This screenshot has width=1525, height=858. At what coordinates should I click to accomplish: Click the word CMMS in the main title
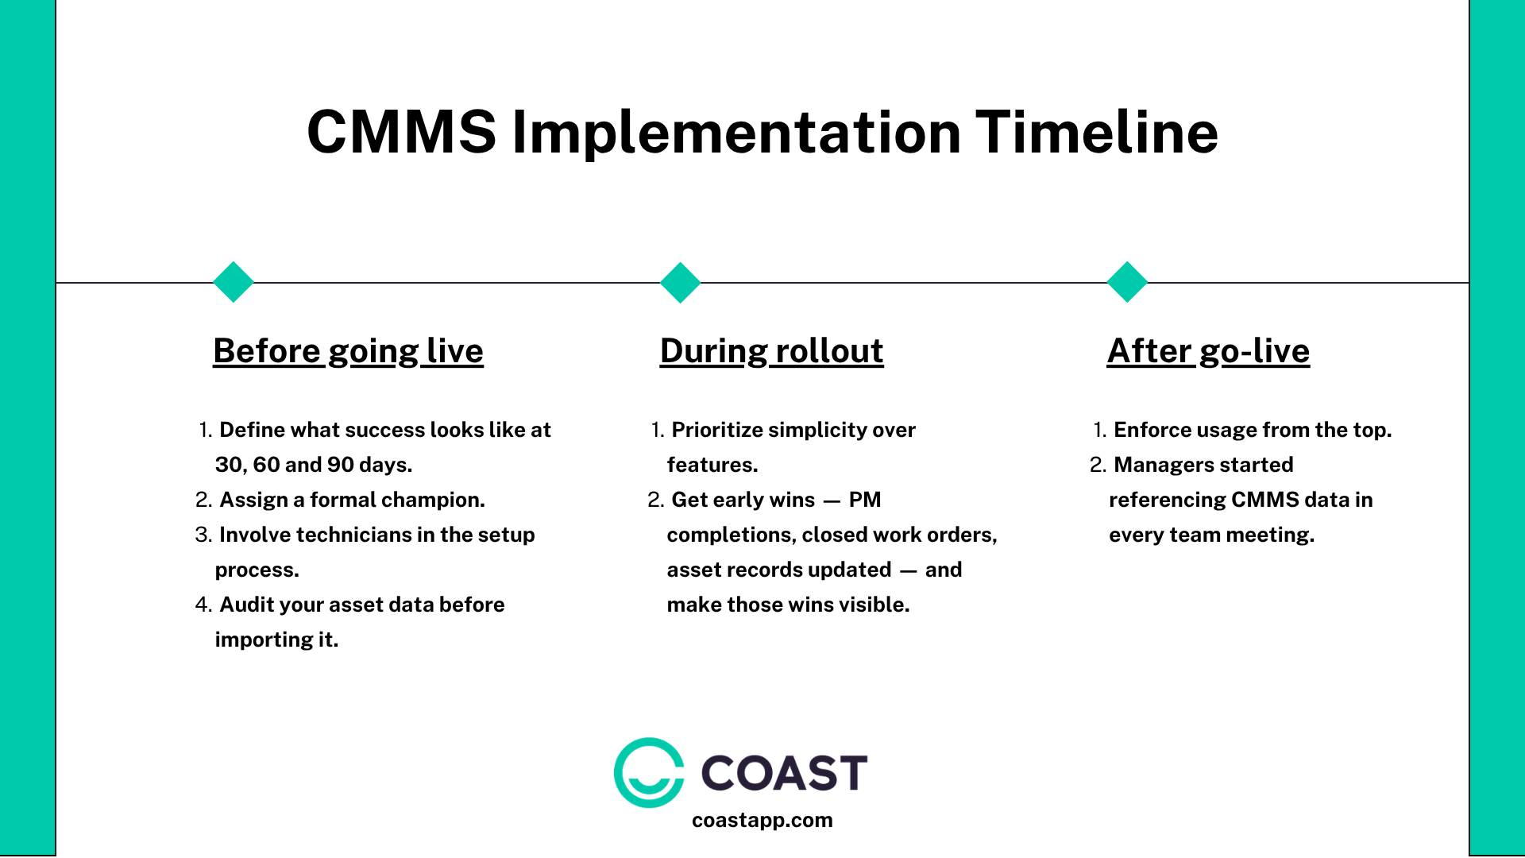(x=401, y=132)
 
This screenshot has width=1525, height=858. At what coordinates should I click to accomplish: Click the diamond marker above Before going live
(x=234, y=282)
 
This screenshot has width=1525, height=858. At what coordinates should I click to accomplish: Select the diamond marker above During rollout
(x=681, y=282)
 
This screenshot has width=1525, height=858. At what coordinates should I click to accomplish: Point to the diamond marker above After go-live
(x=1127, y=282)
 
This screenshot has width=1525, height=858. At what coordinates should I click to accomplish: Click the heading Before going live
(x=348, y=350)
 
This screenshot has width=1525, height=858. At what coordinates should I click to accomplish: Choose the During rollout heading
(x=771, y=350)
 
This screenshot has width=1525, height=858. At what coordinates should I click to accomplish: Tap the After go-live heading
(x=1208, y=350)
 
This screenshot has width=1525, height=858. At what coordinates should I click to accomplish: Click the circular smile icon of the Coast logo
(x=649, y=772)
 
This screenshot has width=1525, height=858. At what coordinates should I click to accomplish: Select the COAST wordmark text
(x=784, y=773)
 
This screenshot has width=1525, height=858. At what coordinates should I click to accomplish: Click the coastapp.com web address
(x=762, y=820)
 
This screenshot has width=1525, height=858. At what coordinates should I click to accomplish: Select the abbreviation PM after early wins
(x=865, y=500)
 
